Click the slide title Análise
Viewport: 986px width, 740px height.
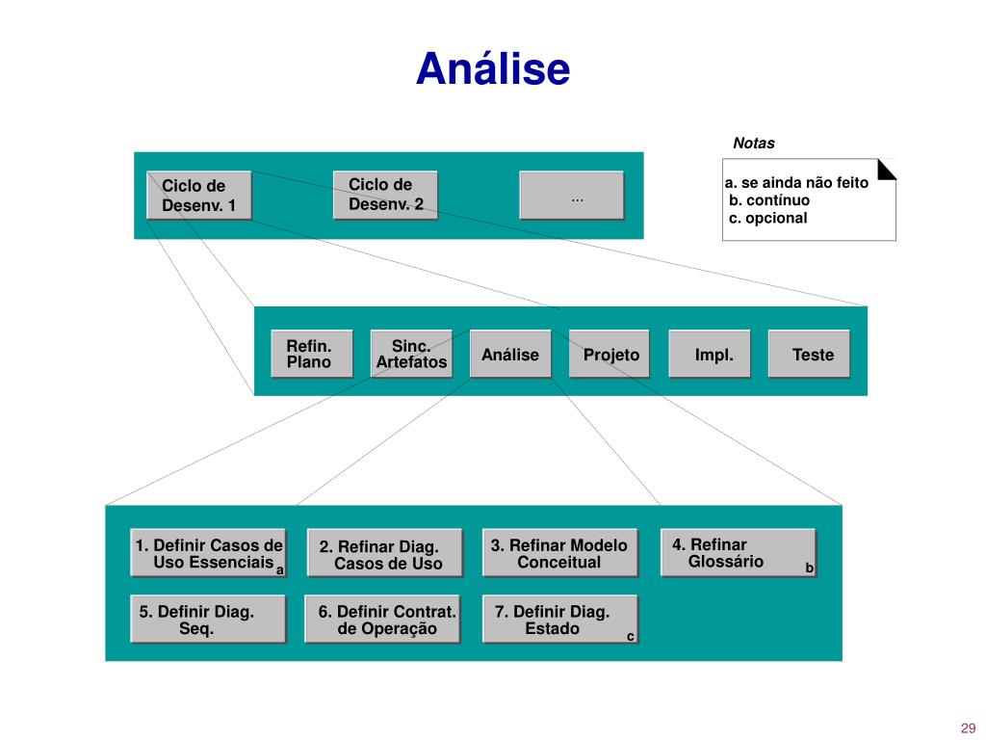493,68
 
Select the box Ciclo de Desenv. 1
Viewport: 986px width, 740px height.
198,195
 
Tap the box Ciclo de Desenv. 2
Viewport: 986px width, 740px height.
385,195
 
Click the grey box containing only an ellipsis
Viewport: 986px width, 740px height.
572,195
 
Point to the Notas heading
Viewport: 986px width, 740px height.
753,143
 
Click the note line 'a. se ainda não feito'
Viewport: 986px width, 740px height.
796,182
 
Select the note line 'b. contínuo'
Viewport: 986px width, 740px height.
769,200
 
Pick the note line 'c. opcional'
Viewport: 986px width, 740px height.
767,218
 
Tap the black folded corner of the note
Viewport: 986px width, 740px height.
887,169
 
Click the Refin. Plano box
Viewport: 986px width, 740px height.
312,354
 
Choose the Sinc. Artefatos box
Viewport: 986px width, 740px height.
411,354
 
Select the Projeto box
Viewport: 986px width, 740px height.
610,354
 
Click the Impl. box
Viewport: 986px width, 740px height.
710,354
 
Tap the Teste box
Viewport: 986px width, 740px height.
809,354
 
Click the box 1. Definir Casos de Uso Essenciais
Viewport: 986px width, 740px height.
208,552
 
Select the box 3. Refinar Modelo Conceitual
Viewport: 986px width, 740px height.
560,552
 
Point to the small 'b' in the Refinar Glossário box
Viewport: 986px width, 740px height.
809,568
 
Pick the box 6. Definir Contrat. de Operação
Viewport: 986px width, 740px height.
382,620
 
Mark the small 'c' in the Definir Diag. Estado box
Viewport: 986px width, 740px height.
630,637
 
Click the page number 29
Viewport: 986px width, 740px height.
968,728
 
